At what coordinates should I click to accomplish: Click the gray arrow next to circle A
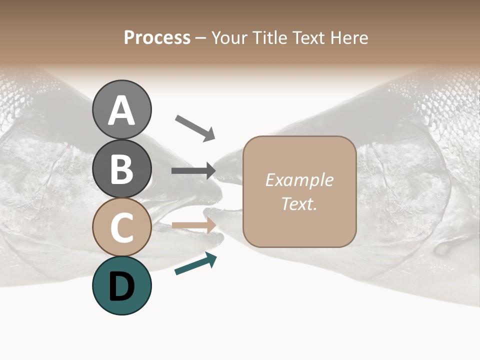point(195,127)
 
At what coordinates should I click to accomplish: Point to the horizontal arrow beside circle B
point(193,171)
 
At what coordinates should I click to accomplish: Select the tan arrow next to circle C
point(194,226)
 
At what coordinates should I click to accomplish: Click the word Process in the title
point(157,37)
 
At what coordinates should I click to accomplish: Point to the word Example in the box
point(299,180)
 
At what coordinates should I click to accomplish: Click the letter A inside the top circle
point(121,110)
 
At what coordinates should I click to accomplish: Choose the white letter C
point(121,227)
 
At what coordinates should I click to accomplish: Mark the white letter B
point(121,169)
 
